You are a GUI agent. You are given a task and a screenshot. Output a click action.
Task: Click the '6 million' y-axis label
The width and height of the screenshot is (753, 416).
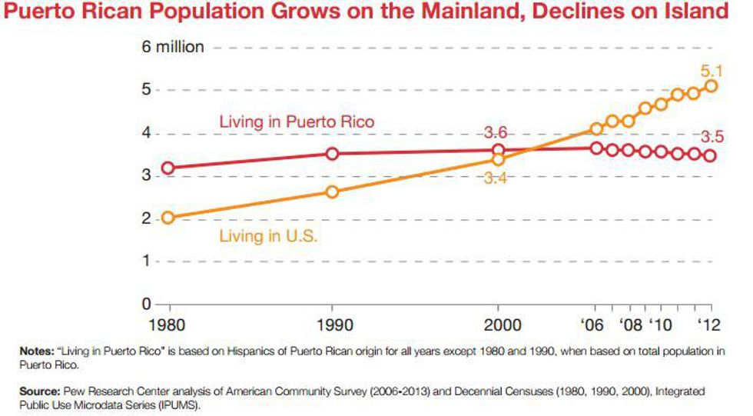pos(173,47)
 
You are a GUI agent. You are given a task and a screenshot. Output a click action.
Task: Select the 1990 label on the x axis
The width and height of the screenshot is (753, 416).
pos(331,324)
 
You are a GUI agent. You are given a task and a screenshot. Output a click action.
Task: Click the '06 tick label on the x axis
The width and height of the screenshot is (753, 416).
pos(592,324)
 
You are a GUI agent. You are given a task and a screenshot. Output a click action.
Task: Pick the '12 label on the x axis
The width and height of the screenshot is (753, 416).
pos(708,324)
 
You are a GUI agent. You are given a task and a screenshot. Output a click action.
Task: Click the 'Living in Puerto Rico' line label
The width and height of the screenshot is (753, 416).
pos(297,121)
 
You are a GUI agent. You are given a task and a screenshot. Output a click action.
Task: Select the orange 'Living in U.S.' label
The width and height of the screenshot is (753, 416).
pos(268,235)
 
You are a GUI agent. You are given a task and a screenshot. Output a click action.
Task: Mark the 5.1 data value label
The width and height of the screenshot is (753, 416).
pos(711,72)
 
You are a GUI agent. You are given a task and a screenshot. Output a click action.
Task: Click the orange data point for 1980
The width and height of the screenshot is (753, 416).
pos(168,218)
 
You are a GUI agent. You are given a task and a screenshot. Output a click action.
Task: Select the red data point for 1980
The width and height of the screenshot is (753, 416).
pos(168,168)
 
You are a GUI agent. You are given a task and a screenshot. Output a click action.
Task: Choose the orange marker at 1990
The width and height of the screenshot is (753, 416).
pos(331,191)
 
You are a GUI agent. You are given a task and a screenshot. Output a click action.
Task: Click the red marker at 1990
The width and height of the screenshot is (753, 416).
pos(331,154)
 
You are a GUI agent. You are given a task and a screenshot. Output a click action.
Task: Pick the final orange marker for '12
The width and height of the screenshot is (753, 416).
pos(711,86)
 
